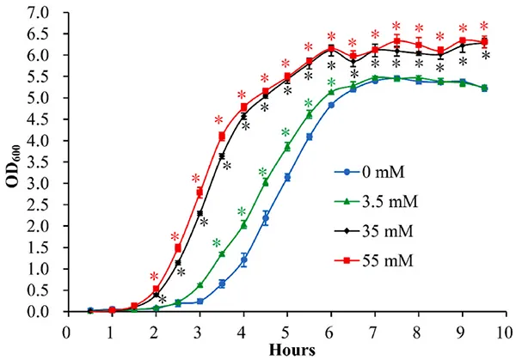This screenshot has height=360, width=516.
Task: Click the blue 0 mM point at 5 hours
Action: click(287, 178)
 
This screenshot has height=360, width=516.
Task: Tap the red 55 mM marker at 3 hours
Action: click(200, 192)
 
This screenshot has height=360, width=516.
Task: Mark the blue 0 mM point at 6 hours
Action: click(331, 105)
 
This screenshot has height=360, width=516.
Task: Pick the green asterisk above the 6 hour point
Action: click(331, 82)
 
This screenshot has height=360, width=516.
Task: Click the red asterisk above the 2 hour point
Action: click(155, 277)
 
